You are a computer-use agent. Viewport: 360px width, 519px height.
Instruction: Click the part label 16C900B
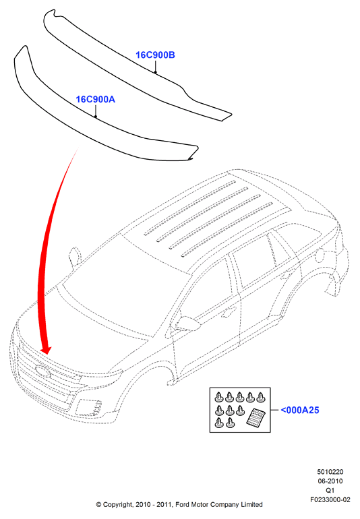click(x=155, y=55)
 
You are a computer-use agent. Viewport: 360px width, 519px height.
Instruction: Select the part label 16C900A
click(x=95, y=99)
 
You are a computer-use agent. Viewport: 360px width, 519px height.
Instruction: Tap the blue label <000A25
click(x=300, y=410)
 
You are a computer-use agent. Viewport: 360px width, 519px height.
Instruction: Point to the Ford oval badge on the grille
click(x=43, y=371)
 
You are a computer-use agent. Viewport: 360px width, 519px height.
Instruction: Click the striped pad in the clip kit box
click(x=256, y=417)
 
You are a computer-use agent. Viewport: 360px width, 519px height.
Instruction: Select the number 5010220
click(x=330, y=472)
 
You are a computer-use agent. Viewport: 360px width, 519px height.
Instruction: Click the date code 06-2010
click(x=330, y=481)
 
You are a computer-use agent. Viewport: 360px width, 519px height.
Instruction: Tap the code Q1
click(x=330, y=490)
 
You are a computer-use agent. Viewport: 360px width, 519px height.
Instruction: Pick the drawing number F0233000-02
click(x=330, y=499)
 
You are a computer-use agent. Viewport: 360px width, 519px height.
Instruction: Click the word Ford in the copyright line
click(x=182, y=505)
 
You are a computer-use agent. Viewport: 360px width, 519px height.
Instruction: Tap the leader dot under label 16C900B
click(x=155, y=72)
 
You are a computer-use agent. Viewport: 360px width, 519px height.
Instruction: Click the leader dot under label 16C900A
click(x=95, y=117)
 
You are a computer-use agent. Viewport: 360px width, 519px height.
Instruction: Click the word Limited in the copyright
click(x=251, y=505)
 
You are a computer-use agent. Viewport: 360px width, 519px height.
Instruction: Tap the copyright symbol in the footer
click(x=98, y=505)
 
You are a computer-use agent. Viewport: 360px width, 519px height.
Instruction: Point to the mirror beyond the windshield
click(x=75, y=257)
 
